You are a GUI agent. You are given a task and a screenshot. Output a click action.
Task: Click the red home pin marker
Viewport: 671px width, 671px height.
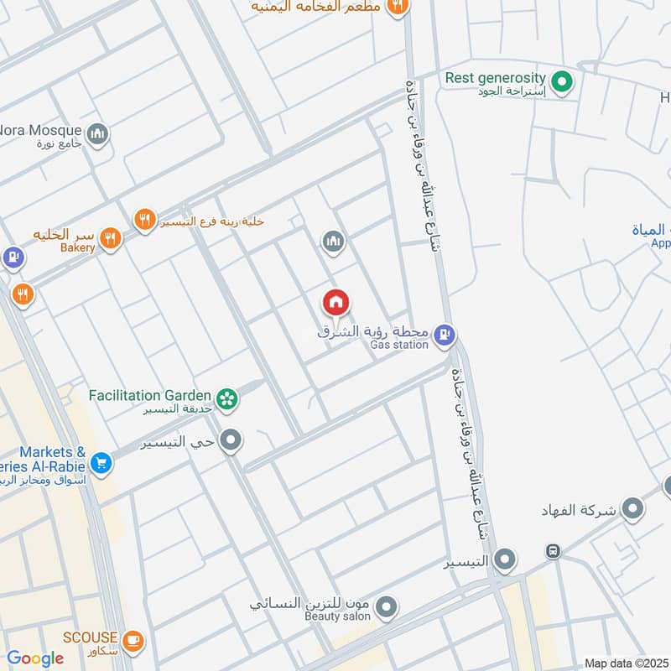click(335, 302)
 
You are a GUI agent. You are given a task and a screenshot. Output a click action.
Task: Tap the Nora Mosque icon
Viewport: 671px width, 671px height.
click(98, 134)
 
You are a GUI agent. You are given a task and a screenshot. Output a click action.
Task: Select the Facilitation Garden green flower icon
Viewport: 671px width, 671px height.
click(226, 399)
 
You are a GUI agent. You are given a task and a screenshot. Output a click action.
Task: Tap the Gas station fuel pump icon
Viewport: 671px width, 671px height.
click(445, 335)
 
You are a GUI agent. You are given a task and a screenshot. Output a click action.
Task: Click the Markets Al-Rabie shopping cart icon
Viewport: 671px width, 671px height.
click(101, 462)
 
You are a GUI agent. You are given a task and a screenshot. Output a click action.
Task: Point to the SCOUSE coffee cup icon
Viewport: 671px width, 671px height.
click(133, 642)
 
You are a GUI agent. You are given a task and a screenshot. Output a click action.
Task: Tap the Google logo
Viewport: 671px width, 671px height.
click(35, 658)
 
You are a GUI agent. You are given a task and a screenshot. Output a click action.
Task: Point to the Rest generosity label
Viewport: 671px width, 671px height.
click(495, 78)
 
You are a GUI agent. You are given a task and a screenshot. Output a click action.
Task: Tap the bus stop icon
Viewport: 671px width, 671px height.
click(553, 552)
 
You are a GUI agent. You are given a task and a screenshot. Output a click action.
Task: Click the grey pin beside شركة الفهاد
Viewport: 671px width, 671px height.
click(632, 508)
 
